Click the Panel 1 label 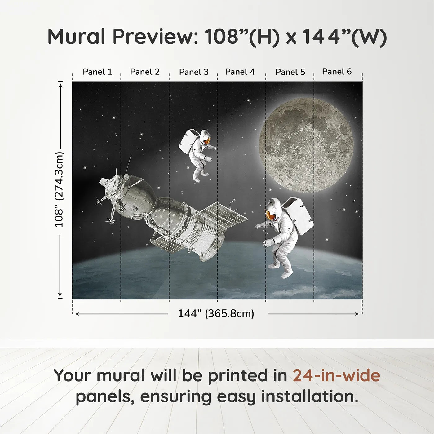coord(97,72)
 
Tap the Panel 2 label coord(145,72)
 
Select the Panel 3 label coord(194,72)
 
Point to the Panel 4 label coord(240,72)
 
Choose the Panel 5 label coord(290,72)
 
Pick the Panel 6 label coord(337,71)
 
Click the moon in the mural coord(306,145)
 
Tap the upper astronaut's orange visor coord(207,141)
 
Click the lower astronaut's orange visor coord(270,215)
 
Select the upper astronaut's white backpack coord(189,141)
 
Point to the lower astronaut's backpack coord(298,216)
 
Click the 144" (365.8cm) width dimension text coord(216,313)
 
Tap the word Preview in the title coord(155,36)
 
